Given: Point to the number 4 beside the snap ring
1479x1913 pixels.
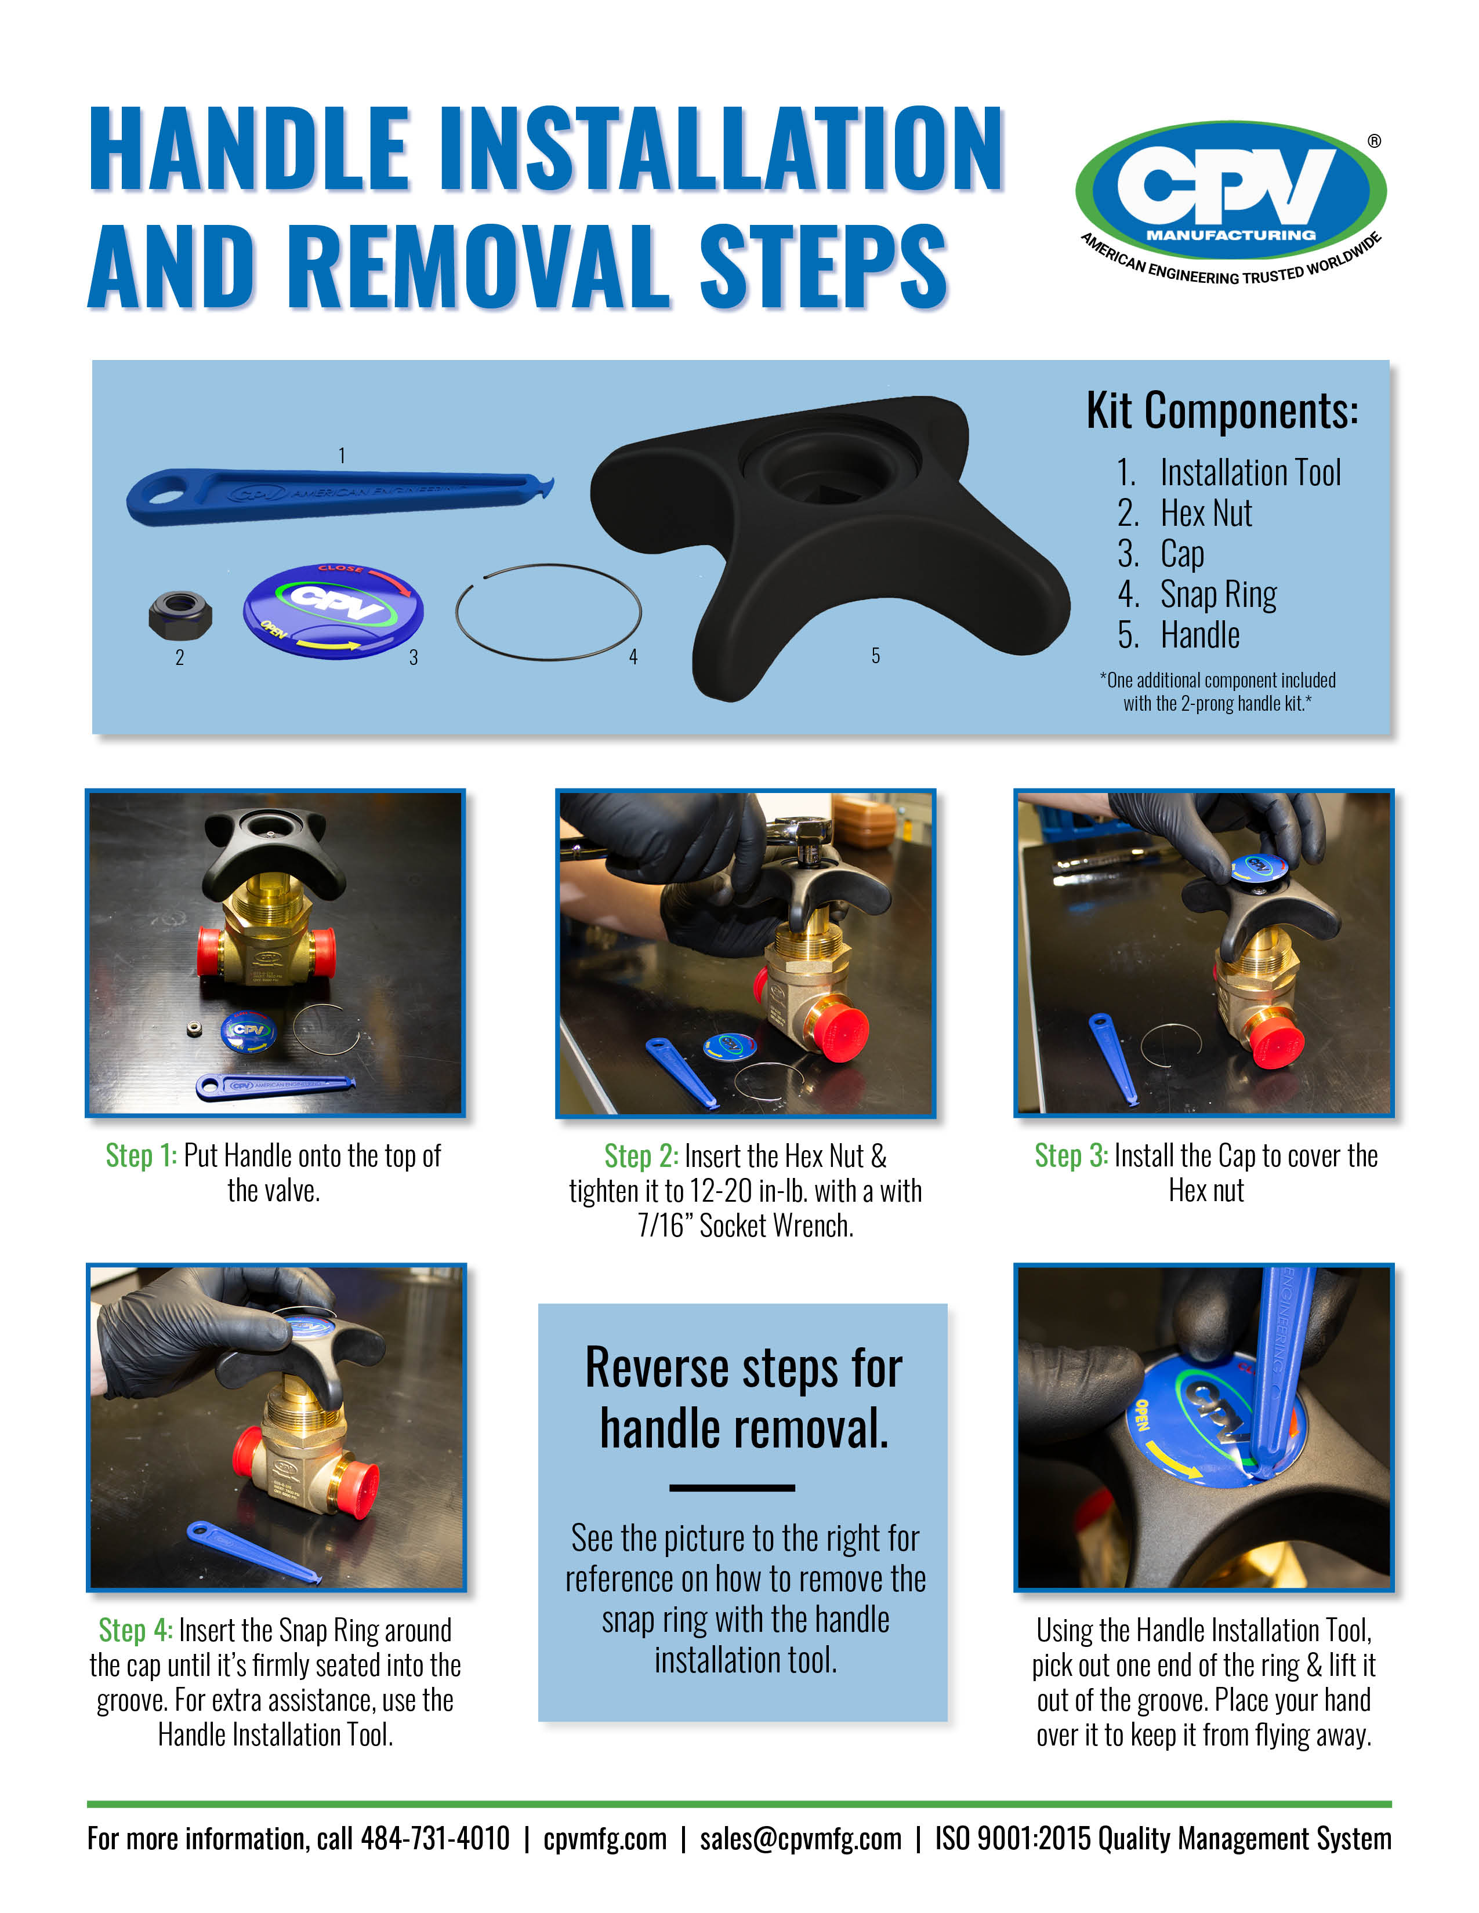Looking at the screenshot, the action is (x=633, y=656).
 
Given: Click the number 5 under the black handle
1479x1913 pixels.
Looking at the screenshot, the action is (x=875, y=655).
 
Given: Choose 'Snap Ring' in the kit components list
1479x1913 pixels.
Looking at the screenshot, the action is (x=1218, y=595).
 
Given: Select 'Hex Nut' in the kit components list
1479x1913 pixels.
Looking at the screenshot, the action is (x=1206, y=513).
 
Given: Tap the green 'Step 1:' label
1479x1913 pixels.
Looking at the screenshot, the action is (x=141, y=1155).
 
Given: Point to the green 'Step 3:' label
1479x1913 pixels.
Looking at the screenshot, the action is (x=1071, y=1155).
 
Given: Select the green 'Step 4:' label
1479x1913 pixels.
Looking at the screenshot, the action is (x=135, y=1630).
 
